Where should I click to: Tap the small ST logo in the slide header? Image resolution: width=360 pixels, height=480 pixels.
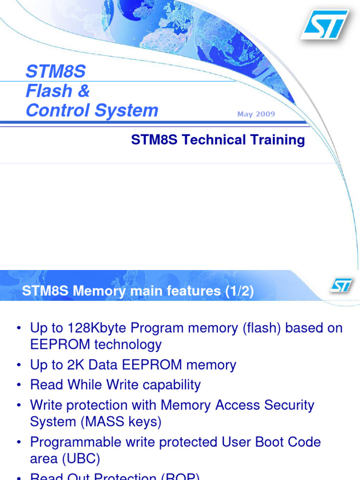click(341, 285)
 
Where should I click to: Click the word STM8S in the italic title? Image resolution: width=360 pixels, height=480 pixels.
click(56, 72)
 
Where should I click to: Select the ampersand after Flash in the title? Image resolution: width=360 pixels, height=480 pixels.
click(84, 91)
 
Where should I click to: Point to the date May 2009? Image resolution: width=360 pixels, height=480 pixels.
click(256, 114)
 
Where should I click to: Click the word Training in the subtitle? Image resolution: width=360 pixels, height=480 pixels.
click(277, 140)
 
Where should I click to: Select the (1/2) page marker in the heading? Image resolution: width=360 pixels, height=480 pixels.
click(239, 292)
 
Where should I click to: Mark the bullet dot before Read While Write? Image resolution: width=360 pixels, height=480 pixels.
click(19, 386)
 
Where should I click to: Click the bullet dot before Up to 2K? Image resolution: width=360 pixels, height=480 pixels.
click(19, 366)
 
